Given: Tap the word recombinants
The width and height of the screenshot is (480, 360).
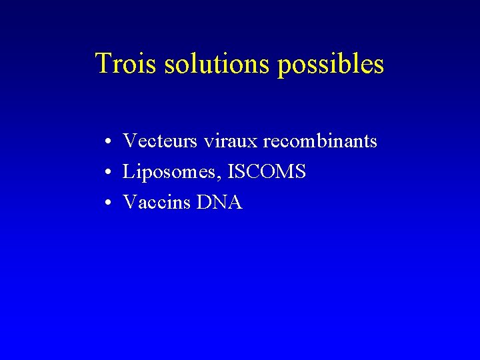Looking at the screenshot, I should point(321,141).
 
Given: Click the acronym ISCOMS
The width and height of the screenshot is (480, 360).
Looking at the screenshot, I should point(267,172).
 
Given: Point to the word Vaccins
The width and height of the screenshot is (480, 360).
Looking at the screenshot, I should point(157,203).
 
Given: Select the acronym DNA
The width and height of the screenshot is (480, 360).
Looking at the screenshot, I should point(219,203).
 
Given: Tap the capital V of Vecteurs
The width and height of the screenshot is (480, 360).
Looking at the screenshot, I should point(130,141).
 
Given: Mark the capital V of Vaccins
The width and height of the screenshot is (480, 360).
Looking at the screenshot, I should point(130,203).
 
